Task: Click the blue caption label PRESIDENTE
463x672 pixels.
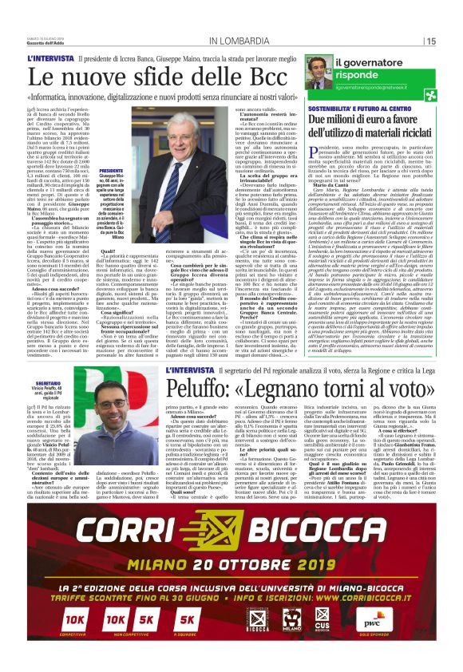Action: tap(112, 171)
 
